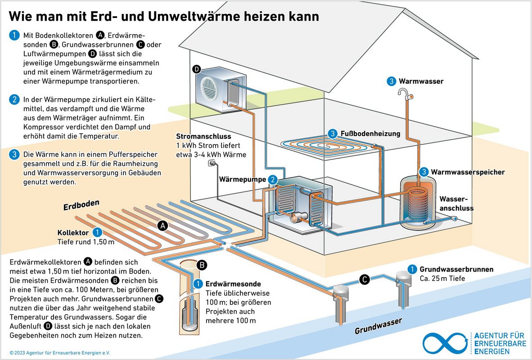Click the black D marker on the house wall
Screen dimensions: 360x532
pyautogui.click(x=196, y=69)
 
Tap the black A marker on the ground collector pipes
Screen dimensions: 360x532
pyautogui.click(x=163, y=226)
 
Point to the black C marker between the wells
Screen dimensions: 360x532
pyautogui.click(x=365, y=280)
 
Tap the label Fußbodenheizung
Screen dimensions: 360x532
pyautogui.click(x=370, y=134)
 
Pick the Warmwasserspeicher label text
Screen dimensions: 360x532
pyautogui.click(x=468, y=172)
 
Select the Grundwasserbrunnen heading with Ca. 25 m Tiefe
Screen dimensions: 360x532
pyautogui.click(x=456, y=270)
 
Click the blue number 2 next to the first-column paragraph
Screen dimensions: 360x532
pyautogui.click(x=15, y=100)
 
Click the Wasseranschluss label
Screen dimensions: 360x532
pyautogui.click(x=456, y=203)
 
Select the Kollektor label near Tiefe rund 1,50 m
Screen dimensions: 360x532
pyautogui.click(x=72, y=233)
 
